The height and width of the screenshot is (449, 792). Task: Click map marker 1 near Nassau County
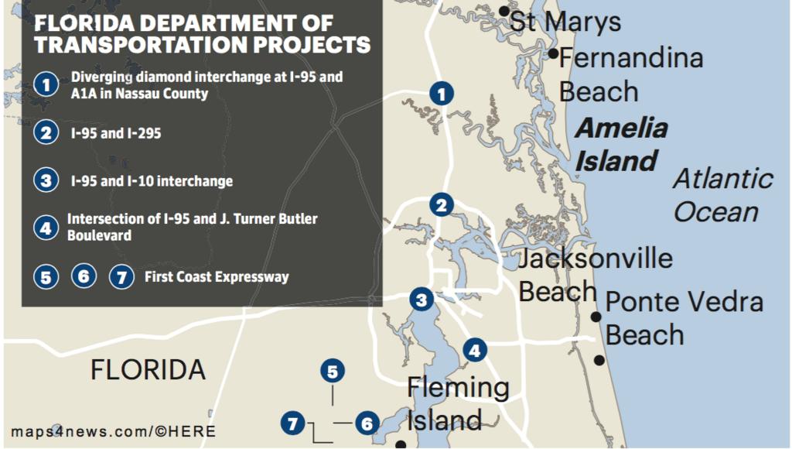coord(442,94)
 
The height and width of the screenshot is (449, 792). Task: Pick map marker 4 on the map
coord(475,351)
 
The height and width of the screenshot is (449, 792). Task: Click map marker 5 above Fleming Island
coord(332,372)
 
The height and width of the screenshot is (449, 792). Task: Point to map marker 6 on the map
coord(367,423)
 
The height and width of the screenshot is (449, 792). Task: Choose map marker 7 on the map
coord(292,423)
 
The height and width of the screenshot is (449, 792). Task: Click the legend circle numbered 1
coord(46,84)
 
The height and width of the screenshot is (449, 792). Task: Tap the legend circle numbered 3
coord(46,181)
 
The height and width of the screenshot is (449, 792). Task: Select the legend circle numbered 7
coord(121,276)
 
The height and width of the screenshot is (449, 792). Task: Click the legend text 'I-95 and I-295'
coord(116,133)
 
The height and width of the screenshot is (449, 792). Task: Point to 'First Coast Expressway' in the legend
coord(217,276)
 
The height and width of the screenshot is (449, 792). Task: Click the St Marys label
coord(565,22)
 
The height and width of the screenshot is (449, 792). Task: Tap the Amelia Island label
coord(621,144)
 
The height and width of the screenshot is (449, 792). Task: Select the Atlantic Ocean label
coord(722,195)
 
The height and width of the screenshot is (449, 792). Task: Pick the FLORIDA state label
coord(148,369)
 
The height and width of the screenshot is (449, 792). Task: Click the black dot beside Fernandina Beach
coord(554,53)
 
